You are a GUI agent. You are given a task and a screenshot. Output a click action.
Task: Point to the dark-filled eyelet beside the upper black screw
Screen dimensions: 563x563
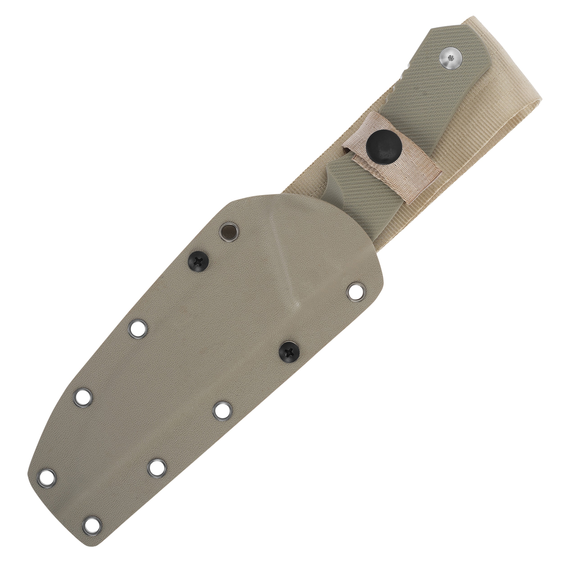click(228, 225)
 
